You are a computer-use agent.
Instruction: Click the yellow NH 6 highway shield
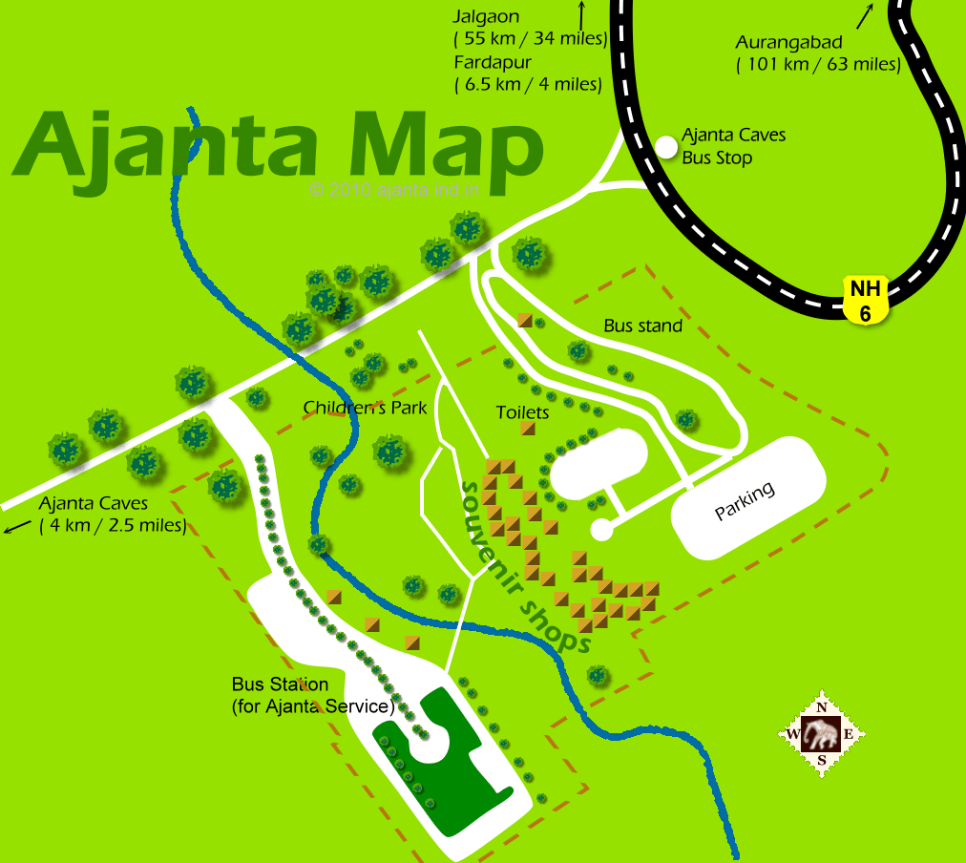coord(866,299)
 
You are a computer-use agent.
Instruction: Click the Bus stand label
coord(642,326)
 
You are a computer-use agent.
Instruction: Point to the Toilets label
coord(522,412)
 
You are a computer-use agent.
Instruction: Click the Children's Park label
coord(365,408)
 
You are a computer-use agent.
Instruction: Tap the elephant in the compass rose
coord(821,734)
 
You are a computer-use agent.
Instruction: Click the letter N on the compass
coord(821,707)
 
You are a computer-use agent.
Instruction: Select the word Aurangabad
coord(788,44)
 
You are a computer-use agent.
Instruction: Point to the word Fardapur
coord(493,62)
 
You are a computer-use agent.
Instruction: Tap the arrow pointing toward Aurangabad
coord(865,16)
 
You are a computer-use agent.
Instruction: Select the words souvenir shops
coord(524,567)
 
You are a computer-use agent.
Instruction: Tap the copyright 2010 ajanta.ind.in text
coord(395,189)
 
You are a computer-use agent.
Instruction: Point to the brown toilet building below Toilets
coord(528,428)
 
